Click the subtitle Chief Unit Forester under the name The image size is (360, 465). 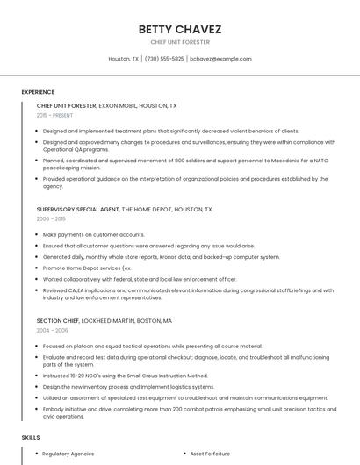179,41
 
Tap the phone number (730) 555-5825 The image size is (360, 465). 164,59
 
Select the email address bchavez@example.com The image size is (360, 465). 220,59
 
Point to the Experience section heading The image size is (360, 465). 38,91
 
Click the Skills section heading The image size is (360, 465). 31,436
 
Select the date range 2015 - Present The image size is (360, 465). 54,115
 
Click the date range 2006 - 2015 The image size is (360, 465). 51,218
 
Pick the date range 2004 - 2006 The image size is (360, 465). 51,330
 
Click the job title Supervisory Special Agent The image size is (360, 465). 77,210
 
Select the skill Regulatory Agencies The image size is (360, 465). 68,454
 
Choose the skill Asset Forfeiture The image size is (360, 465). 210,454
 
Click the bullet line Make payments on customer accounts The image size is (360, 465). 94,234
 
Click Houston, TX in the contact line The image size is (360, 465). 123,59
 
